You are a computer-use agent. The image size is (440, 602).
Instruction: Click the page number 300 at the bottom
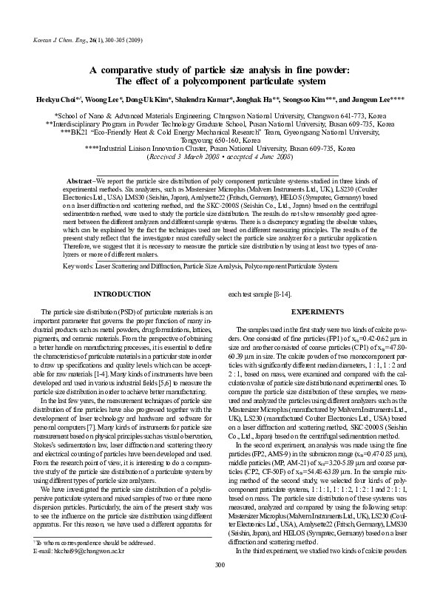[x=220, y=586]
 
